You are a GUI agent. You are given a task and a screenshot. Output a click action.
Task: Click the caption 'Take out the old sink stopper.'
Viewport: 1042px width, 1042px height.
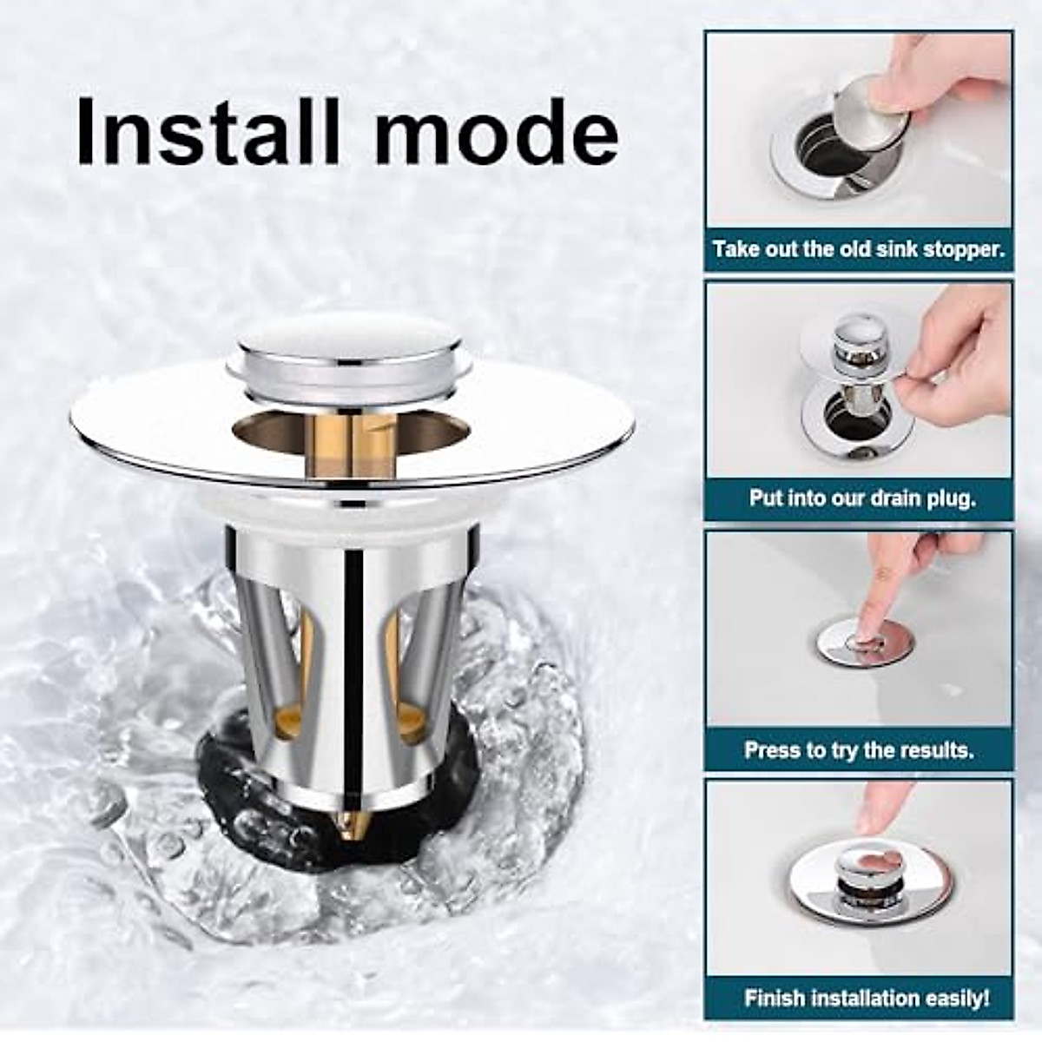click(858, 249)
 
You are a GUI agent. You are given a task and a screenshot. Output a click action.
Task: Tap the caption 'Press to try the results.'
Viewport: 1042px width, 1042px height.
click(858, 749)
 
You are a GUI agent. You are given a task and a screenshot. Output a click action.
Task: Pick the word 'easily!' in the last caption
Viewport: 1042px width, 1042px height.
click(957, 999)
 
